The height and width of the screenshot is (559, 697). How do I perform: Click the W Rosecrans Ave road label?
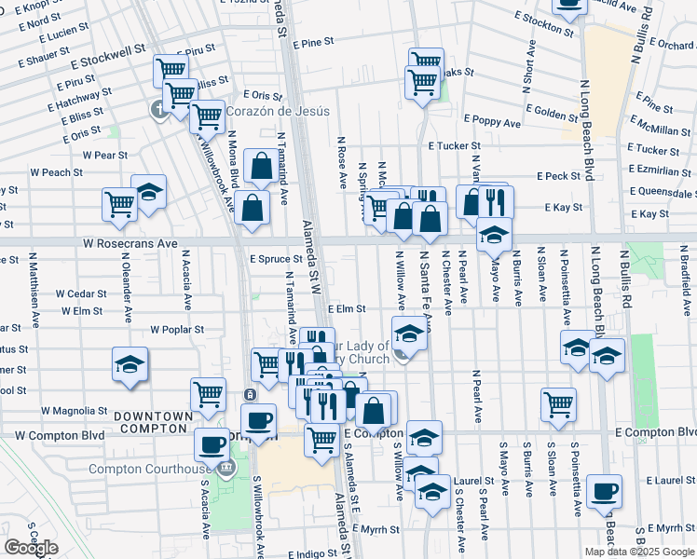[x=129, y=242]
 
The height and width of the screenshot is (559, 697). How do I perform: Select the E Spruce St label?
[x=277, y=259]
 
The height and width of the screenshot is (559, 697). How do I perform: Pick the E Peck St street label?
[x=558, y=176]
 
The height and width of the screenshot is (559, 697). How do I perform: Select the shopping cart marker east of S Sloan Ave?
[x=558, y=404]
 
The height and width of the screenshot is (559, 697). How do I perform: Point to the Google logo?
[x=31, y=547]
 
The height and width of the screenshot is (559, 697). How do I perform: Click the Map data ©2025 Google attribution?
[x=639, y=552]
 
